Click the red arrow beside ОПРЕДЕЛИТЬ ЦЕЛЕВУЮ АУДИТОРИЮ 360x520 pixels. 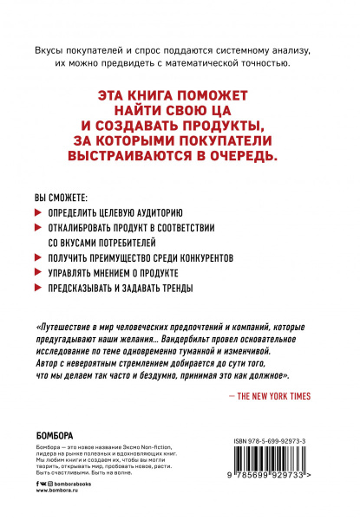click(x=38, y=211)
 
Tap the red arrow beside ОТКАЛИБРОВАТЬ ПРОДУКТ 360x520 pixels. click(x=38, y=226)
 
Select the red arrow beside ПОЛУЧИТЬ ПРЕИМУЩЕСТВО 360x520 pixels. click(x=38, y=257)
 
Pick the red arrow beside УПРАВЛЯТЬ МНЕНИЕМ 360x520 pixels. click(x=38, y=273)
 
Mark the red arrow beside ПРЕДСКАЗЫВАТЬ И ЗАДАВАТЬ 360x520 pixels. click(x=38, y=289)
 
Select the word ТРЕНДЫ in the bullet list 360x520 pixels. click(x=171, y=289)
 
